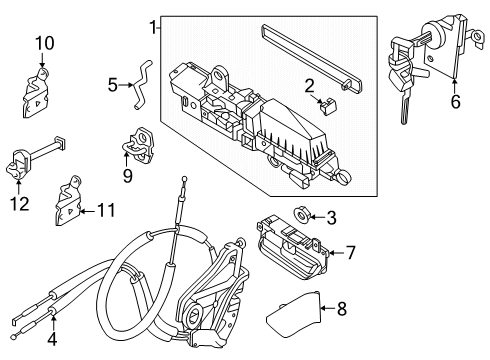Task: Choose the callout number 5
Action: coord(112,85)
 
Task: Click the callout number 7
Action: coord(350,253)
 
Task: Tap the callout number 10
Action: coord(42,43)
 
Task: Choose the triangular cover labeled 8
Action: coord(295,319)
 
